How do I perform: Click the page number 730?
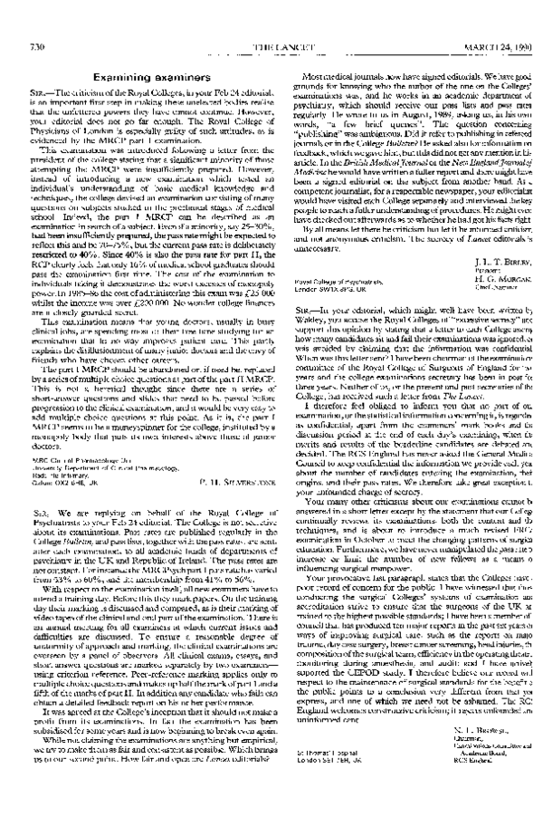[38, 22]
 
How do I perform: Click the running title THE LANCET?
[270, 22]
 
